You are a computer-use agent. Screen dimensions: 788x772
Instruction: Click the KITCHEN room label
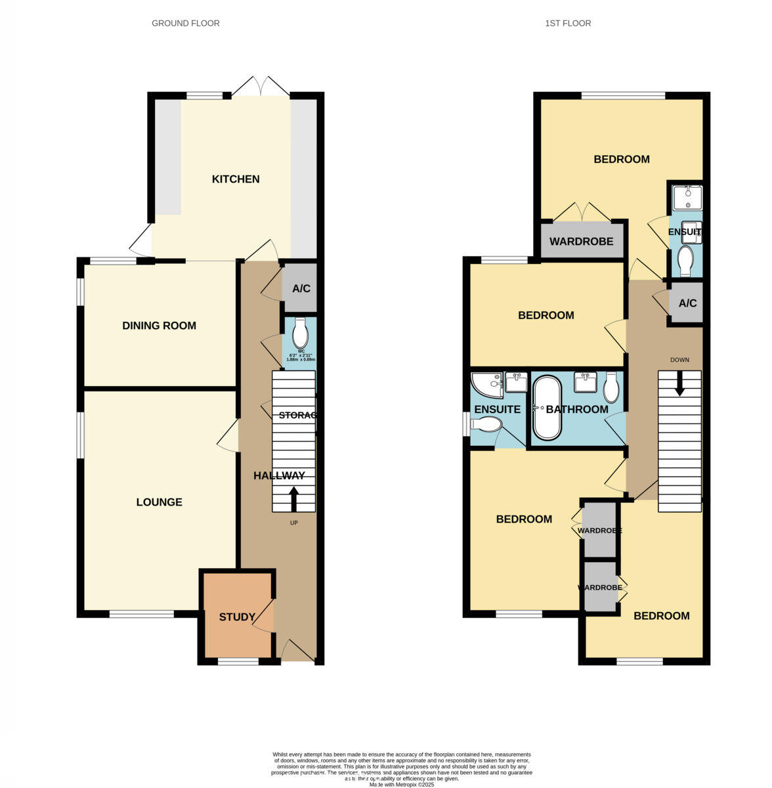(x=236, y=179)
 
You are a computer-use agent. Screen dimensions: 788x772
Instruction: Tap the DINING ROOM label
(x=159, y=326)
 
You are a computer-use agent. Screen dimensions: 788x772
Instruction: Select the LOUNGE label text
(x=159, y=502)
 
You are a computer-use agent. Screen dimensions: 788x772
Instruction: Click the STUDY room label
(x=237, y=617)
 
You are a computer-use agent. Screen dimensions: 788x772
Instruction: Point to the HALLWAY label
(x=279, y=476)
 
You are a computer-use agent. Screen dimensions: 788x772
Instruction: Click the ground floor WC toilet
(x=300, y=333)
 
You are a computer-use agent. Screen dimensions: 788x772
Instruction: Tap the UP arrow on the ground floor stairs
(x=293, y=498)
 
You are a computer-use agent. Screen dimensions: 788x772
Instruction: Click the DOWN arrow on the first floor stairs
(x=679, y=383)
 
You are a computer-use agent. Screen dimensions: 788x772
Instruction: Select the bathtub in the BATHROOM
(x=547, y=408)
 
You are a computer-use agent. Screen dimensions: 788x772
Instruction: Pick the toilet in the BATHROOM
(x=611, y=387)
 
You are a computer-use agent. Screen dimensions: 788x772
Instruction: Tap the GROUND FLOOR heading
(x=186, y=24)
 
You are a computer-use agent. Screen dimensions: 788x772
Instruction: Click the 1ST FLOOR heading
(x=568, y=24)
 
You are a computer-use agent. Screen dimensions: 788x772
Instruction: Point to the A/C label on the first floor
(x=687, y=303)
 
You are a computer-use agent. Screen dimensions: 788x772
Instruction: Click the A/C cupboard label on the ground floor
(x=301, y=288)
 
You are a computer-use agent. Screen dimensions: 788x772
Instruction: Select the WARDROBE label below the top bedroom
(x=581, y=242)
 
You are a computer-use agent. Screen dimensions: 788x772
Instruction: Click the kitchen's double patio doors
(x=261, y=88)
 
